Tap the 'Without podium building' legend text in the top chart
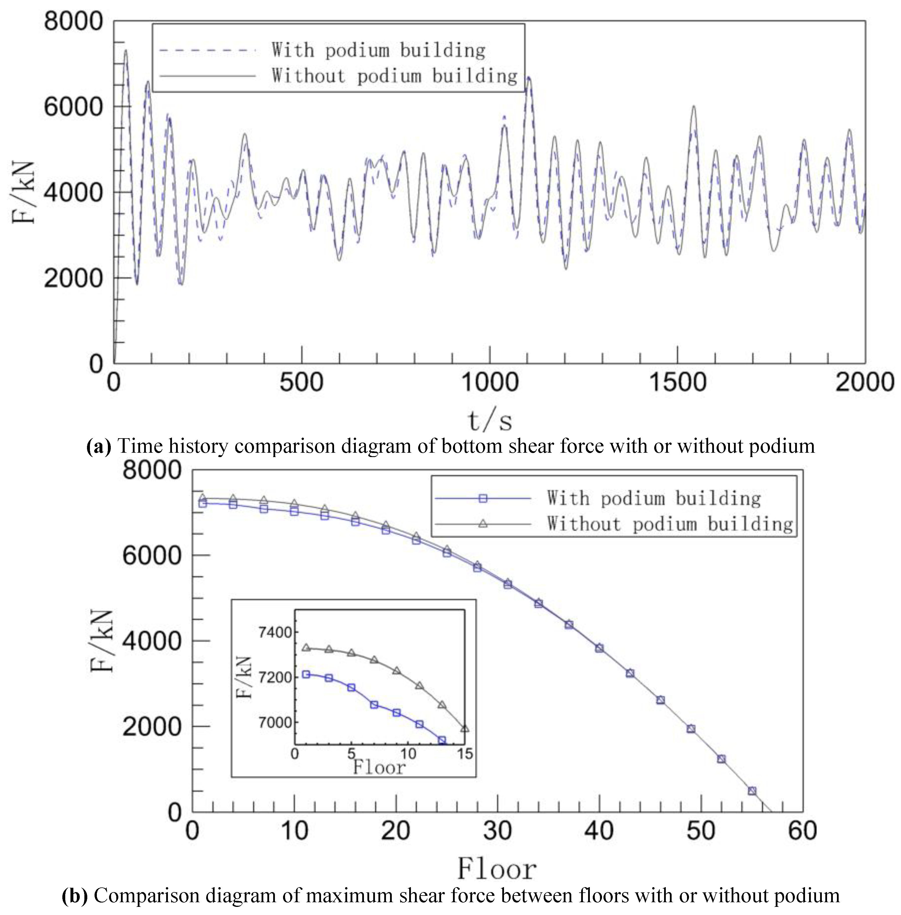[394, 76]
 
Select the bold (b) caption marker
[75, 896]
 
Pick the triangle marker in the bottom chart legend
[483, 523]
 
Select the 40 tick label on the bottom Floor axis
[599, 831]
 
